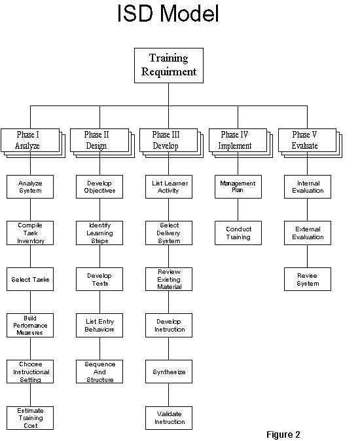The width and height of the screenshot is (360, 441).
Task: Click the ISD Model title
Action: pyautogui.click(x=168, y=13)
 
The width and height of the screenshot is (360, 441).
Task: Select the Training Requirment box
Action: pyautogui.click(x=169, y=66)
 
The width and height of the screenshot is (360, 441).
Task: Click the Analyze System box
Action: pyautogui.click(x=30, y=187)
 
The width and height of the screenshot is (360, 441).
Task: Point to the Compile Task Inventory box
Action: pyautogui.click(x=30, y=233)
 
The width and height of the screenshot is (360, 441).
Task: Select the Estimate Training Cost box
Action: pyautogui.click(x=30, y=418)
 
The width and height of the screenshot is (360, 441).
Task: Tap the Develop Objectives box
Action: pyautogui.click(x=99, y=187)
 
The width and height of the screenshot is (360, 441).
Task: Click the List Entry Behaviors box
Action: pyautogui.click(x=99, y=326)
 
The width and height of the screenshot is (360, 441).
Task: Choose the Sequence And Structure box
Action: pyautogui.click(x=99, y=372)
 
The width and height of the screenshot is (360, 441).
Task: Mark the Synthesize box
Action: pyautogui.click(x=169, y=372)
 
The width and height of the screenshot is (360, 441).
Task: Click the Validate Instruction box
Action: pyautogui.click(x=169, y=418)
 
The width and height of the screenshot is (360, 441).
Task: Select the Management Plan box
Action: pyautogui.click(x=238, y=187)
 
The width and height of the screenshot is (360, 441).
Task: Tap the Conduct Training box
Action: pyautogui.click(x=238, y=233)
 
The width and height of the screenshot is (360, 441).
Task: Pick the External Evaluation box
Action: pyautogui.click(x=308, y=233)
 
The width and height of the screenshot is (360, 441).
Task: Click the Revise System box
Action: pyautogui.click(x=308, y=279)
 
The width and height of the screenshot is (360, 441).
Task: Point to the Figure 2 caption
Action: pyautogui.click(x=283, y=434)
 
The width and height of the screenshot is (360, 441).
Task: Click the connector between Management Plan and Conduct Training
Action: pyautogui.click(x=238, y=210)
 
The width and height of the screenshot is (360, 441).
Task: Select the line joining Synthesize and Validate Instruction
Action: pyautogui.click(x=169, y=395)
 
